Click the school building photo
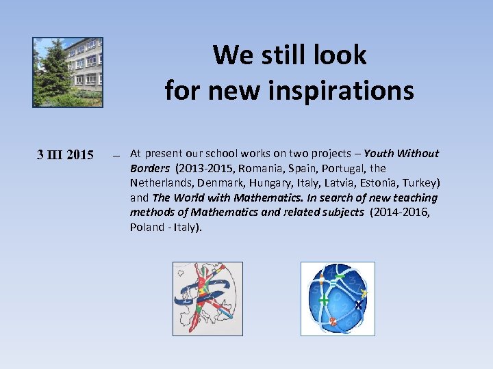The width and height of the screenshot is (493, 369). (68, 72)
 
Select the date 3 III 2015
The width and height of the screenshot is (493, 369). (65, 155)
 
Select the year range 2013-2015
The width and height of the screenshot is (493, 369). (198, 168)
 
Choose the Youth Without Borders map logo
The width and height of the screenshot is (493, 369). (207, 299)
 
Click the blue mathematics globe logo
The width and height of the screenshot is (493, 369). (338, 299)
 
